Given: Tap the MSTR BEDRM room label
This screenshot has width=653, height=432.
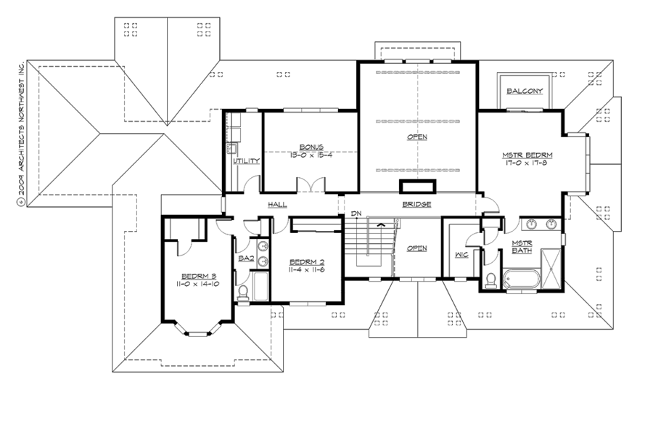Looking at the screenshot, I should point(527,155).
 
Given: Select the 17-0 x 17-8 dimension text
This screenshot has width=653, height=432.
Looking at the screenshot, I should point(527,164).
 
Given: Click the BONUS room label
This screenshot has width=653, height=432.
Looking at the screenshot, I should point(311,146).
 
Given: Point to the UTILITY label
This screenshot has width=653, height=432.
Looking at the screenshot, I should point(247,160).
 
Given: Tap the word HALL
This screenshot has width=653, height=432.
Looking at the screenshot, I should point(278,205).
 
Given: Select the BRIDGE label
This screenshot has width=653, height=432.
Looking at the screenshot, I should point(416,205).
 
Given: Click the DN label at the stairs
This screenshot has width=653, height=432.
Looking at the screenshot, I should point(356,213).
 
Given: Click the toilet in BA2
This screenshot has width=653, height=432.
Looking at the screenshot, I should point(243,292).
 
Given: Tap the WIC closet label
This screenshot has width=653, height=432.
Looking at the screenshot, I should point(460,255).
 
